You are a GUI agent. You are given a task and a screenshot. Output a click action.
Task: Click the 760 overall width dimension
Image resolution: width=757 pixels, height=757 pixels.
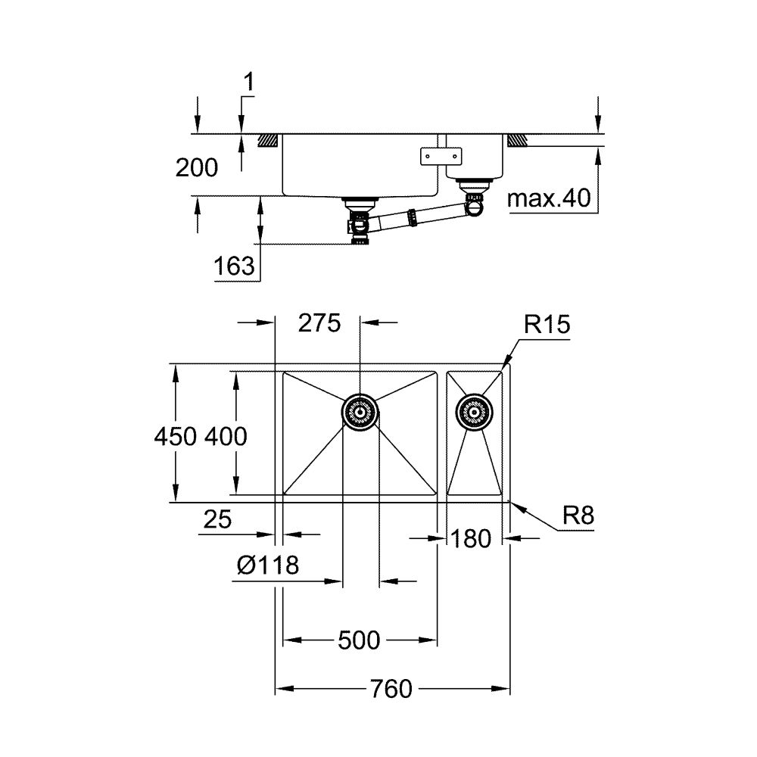point(391,689)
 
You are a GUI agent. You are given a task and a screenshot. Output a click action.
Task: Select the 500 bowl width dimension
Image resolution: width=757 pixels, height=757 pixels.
point(358,640)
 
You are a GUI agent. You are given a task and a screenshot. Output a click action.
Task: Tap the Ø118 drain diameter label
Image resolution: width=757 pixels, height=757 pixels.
point(266,565)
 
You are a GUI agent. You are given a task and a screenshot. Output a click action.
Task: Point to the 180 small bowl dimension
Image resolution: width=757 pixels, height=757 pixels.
point(472,538)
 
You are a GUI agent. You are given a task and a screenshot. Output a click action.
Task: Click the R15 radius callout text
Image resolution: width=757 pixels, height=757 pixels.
point(547,326)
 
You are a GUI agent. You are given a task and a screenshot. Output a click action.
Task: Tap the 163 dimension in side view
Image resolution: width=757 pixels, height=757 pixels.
point(234,266)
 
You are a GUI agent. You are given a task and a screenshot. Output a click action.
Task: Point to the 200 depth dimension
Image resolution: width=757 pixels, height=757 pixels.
point(196,168)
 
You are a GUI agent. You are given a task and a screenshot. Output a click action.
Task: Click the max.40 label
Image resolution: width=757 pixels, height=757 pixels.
point(548,199)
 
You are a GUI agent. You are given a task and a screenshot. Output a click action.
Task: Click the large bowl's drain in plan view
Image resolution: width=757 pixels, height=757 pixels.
point(359,412)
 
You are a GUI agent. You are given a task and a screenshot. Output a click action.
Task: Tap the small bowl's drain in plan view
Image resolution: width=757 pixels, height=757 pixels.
point(473,412)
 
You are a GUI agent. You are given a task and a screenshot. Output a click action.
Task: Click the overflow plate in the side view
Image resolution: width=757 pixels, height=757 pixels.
point(440,156)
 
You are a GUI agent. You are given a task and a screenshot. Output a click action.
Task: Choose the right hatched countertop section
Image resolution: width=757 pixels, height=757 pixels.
point(517,141)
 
